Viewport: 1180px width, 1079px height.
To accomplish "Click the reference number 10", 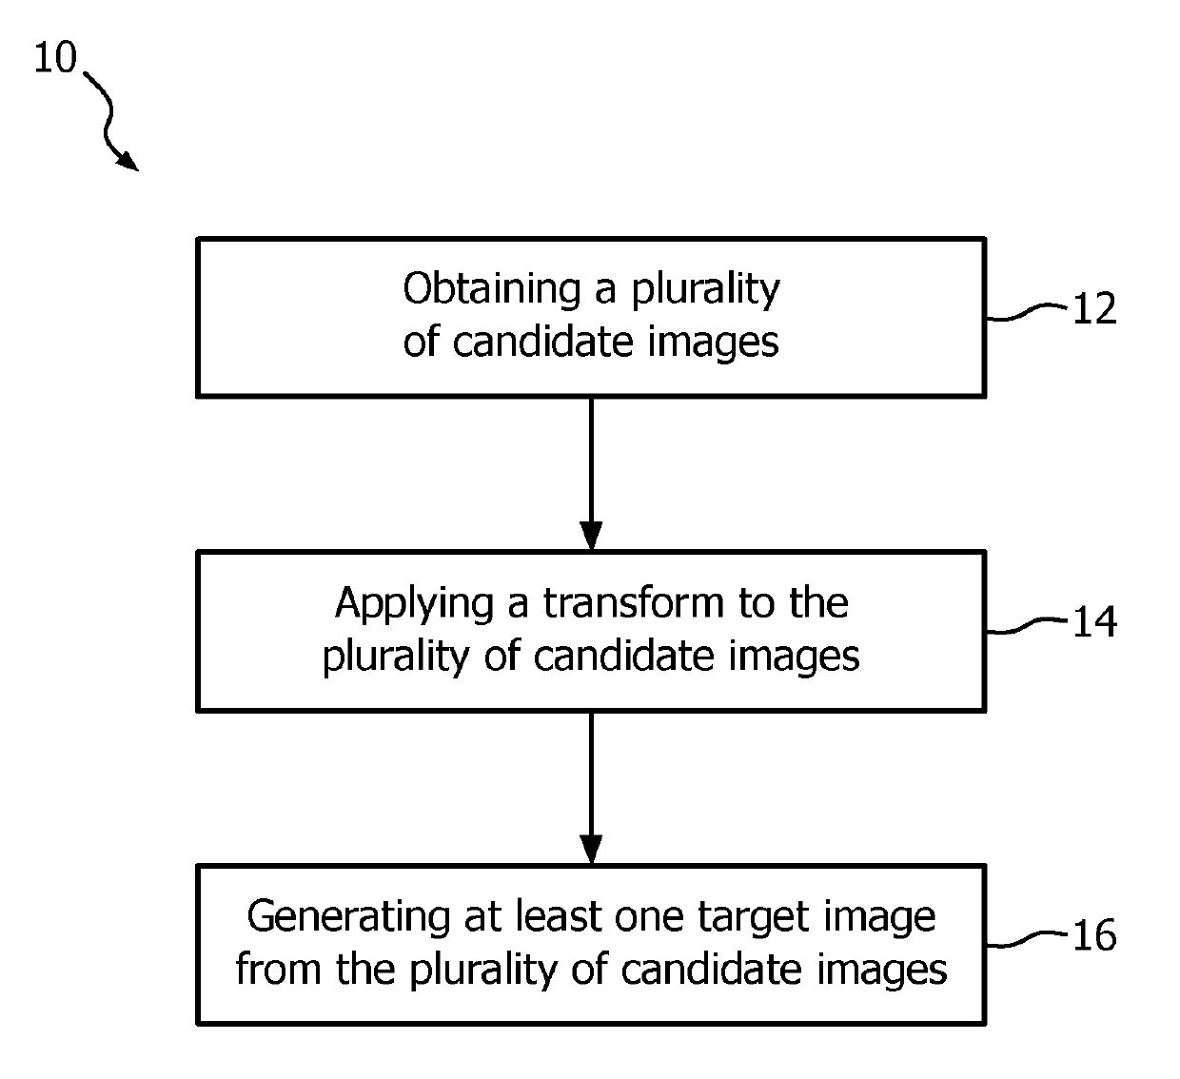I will tap(55, 59).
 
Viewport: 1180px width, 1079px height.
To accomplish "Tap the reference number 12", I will tap(1094, 309).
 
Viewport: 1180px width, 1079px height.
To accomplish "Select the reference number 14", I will tap(1094, 622).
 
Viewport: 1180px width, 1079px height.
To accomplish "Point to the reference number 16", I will tap(1094, 936).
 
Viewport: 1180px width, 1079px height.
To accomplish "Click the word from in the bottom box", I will tap(277, 970).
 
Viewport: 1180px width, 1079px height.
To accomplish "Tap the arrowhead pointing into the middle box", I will tap(591, 538).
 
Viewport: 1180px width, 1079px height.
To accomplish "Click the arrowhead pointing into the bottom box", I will tap(591, 851).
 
